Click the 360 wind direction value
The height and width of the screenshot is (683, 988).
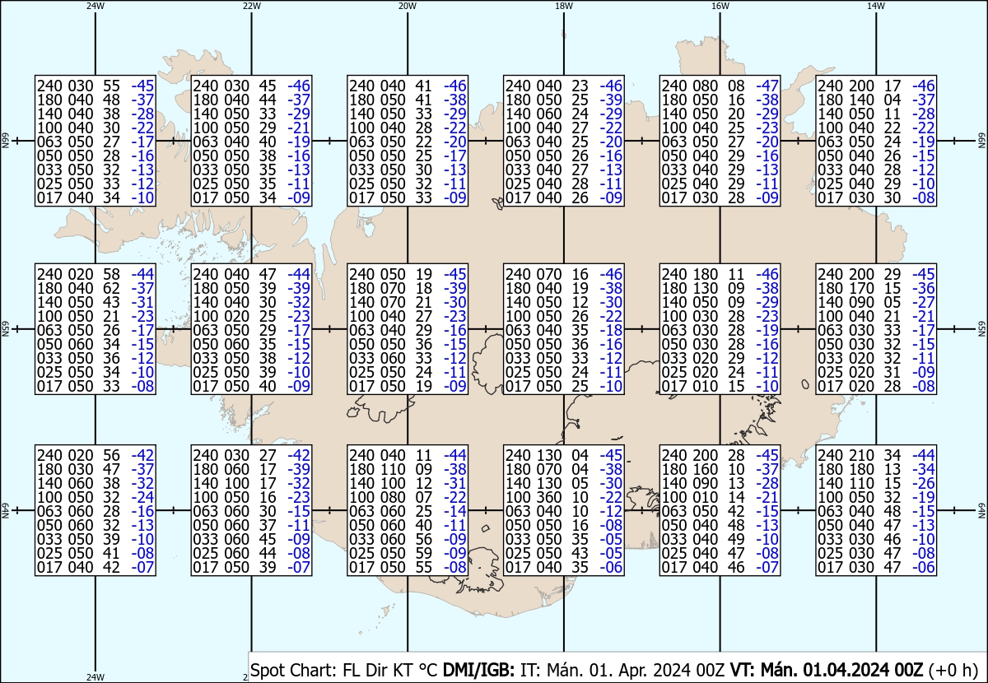[x=548, y=497]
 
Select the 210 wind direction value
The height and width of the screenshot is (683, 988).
[x=861, y=456]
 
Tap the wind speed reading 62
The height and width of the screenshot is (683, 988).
[x=111, y=288]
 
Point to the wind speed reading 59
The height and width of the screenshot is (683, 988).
[x=423, y=553]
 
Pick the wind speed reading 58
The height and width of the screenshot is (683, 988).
[x=111, y=274]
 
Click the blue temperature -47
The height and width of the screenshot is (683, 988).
[x=767, y=86]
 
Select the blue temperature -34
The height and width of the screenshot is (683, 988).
[x=924, y=470]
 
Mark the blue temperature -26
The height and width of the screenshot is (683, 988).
[x=924, y=484]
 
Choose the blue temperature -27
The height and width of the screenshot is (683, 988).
[x=924, y=303]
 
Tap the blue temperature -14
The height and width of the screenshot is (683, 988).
[x=455, y=512]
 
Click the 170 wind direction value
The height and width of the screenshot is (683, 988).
[x=861, y=288]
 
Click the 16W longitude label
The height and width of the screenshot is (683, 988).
[x=720, y=7]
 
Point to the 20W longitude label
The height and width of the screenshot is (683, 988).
[x=408, y=7]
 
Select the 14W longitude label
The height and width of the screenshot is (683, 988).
[x=876, y=7]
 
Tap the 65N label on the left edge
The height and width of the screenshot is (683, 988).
[x=6, y=329]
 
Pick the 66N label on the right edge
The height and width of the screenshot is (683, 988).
[x=981, y=141]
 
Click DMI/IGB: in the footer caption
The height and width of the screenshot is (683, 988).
[x=478, y=670]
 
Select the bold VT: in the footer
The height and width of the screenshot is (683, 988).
[x=743, y=670]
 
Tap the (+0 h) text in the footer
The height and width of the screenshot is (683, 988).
[x=953, y=670]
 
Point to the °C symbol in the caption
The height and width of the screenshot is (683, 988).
[x=426, y=670]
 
